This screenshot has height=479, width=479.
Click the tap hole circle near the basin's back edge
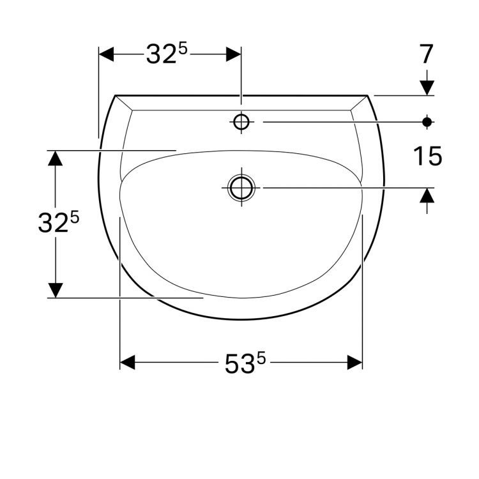[241, 121]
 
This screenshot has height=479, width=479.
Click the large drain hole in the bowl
[241, 188]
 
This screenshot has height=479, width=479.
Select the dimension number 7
[427, 55]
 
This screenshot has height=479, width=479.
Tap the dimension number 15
[427, 156]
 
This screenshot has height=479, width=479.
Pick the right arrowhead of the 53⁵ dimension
[354, 363]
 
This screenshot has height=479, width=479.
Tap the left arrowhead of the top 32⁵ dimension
[106, 54]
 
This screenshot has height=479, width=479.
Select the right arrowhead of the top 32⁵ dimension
[233, 54]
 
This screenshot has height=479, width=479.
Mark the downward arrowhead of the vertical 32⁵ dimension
[56, 290]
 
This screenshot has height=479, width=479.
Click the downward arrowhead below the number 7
[427, 87]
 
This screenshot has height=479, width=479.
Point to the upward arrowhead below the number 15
[427, 195]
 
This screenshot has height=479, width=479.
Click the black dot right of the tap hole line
[427, 121]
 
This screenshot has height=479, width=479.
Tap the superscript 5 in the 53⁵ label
[261, 358]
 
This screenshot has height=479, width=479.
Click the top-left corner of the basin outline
[116, 96]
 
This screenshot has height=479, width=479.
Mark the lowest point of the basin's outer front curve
[241, 319]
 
